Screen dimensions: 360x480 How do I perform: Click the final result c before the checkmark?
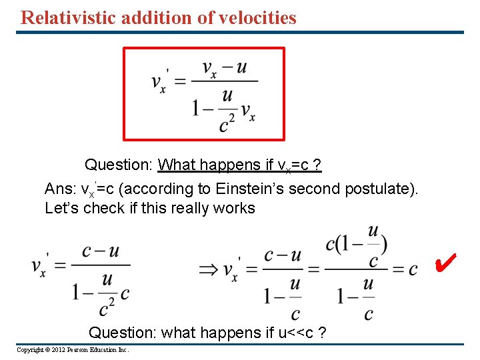pos(413,269)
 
